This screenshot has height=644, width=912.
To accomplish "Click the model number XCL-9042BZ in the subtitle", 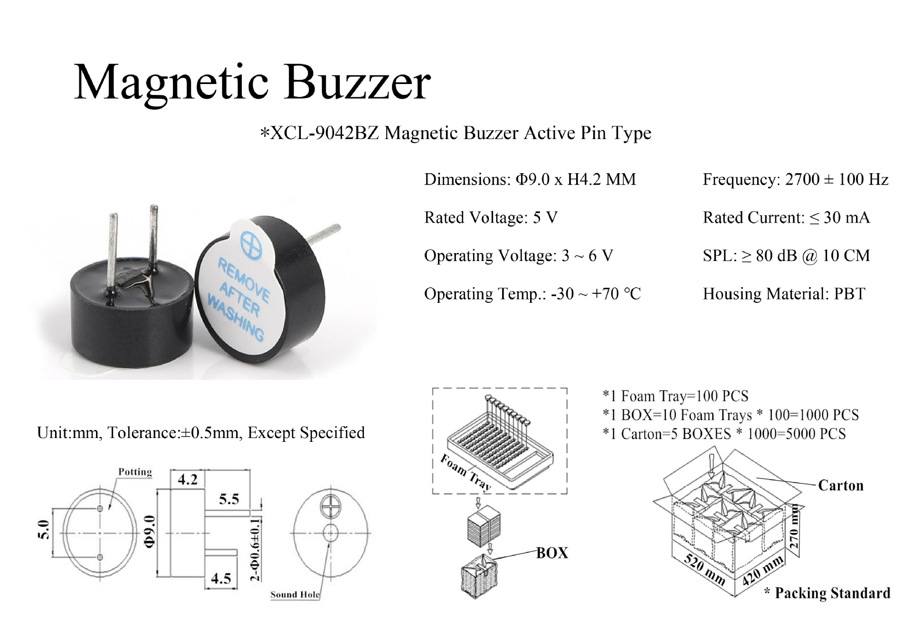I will (x=325, y=133).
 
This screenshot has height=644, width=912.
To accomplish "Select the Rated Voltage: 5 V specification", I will (x=490, y=217).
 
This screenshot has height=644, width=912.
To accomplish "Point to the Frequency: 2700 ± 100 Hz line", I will (x=795, y=179).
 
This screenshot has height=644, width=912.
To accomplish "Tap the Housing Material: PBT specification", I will (x=784, y=294).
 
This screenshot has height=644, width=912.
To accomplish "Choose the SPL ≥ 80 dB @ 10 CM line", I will (x=786, y=256).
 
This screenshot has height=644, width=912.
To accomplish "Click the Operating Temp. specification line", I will (x=532, y=294).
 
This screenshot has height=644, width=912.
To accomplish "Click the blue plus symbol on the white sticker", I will (x=251, y=245).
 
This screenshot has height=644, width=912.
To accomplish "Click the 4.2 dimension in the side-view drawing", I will (x=188, y=479).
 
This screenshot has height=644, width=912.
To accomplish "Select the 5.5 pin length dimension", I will (x=229, y=499).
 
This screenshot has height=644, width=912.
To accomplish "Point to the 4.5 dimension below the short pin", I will (x=221, y=579).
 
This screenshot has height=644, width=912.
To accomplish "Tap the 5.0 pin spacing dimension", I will (x=43, y=530).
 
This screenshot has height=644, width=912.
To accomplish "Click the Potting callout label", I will (x=135, y=472).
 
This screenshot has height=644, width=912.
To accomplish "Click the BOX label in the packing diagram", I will (x=552, y=553).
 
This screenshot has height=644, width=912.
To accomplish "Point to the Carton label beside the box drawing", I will (x=840, y=485).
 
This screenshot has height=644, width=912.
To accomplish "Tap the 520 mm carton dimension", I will (x=704, y=569).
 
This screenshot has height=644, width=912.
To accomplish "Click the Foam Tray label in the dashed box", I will (x=465, y=471).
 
